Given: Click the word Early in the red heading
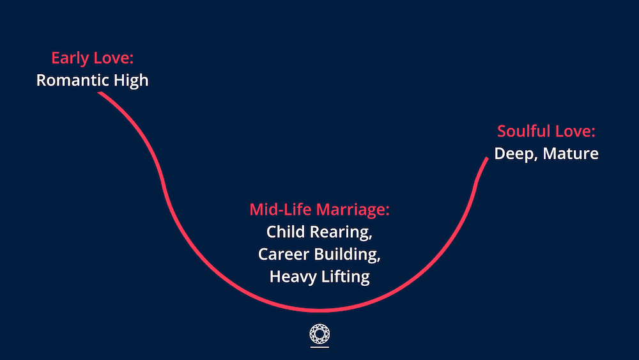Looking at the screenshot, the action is point(70,58).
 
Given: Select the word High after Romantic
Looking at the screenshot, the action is point(131,81).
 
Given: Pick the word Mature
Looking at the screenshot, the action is point(571,153).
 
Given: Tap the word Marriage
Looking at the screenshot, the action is point(353,210).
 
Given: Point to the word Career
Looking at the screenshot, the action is point(284,254).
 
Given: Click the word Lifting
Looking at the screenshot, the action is point(346,278).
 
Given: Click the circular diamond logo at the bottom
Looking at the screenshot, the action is point(319,334).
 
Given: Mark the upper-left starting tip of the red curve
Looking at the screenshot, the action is point(98,93).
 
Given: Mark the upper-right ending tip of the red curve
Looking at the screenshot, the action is point(487,158).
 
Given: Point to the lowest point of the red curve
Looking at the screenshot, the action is point(319,311).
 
